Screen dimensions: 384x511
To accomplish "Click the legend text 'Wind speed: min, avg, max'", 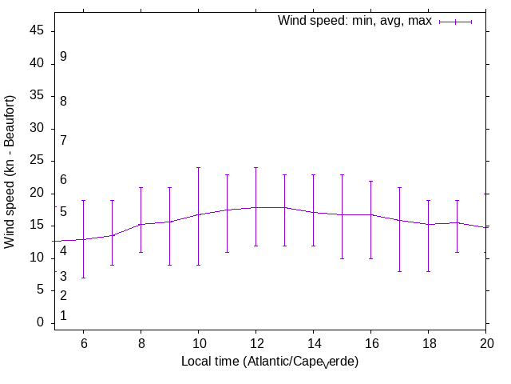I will tap(355, 21).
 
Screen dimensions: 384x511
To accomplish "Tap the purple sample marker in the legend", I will tap(456, 22).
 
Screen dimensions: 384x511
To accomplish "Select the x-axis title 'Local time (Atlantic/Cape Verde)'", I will tap(270, 362).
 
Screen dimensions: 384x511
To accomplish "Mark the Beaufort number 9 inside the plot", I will tap(63, 57).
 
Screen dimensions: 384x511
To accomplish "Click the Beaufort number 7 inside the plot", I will tap(63, 141).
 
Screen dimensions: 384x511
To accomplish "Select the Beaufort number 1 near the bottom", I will tap(63, 316).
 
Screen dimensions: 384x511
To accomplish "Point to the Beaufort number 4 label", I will tap(63, 251).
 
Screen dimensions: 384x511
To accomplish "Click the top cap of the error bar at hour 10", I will tap(198, 167).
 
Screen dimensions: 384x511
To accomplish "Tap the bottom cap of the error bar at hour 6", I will tap(83, 278).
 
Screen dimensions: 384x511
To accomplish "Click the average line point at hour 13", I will tap(284, 207).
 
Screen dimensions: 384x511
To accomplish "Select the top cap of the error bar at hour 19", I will tap(457, 200).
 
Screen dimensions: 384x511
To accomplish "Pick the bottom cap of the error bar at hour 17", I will tap(399, 271).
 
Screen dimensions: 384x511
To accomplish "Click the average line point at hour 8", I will tap(141, 224).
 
